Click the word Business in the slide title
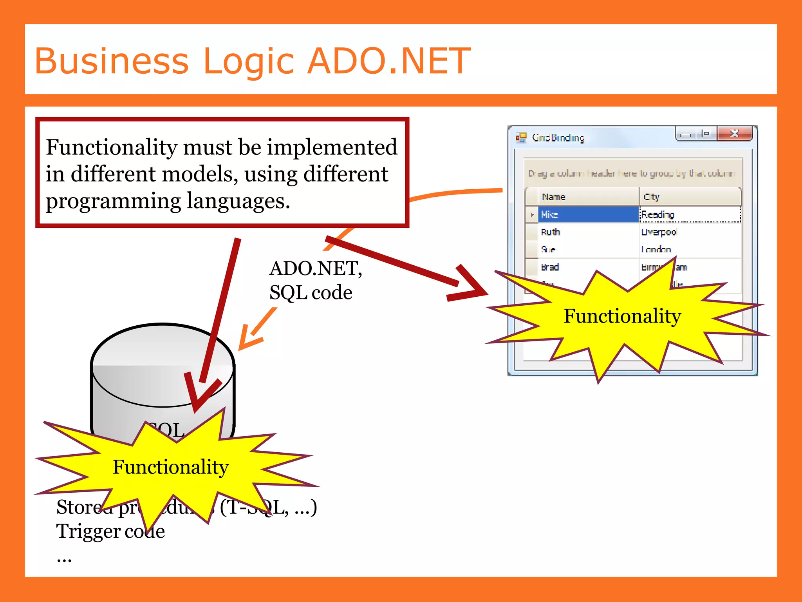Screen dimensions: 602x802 (x=112, y=61)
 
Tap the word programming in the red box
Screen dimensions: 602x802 (x=113, y=201)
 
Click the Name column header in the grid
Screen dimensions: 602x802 (x=553, y=197)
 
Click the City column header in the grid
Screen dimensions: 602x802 (x=651, y=197)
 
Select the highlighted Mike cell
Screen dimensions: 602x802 (x=587, y=214)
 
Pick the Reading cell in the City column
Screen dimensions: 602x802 (x=657, y=214)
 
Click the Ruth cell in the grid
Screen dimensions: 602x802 (x=550, y=232)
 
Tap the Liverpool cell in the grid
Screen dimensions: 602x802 (x=659, y=232)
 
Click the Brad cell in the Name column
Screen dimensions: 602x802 (x=550, y=267)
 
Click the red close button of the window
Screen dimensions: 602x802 (x=734, y=134)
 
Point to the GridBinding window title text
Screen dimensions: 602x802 (x=558, y=138)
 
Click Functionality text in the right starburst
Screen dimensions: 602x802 (x=622, y=316)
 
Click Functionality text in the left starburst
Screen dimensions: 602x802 (x=170, y=467)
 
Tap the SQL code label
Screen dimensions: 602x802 (x=311, y=292)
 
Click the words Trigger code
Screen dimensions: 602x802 (x=110, y=531)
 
